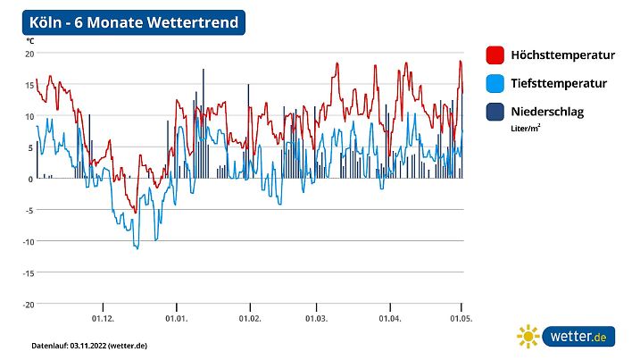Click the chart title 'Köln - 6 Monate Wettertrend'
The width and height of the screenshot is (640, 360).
point(134,22)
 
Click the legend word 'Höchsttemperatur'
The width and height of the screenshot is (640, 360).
point(562,55)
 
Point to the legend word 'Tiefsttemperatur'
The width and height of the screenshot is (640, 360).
point(559,83)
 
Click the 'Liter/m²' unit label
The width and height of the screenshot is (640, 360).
point(526,128)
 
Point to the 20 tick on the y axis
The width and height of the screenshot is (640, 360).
point(29,54)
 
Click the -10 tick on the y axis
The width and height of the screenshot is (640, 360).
point(28,241)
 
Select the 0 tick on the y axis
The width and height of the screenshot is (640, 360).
point(30,179)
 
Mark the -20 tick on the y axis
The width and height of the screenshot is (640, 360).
point(28,304)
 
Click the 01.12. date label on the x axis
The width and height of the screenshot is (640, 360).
point(103,318)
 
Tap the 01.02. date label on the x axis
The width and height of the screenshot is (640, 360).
point(249,318)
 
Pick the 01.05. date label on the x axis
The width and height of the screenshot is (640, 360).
point(461,318)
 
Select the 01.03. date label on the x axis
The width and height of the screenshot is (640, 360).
point(316,318)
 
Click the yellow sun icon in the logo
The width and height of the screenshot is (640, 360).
point(528,337)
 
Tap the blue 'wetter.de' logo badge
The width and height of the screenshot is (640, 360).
point(579,337)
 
